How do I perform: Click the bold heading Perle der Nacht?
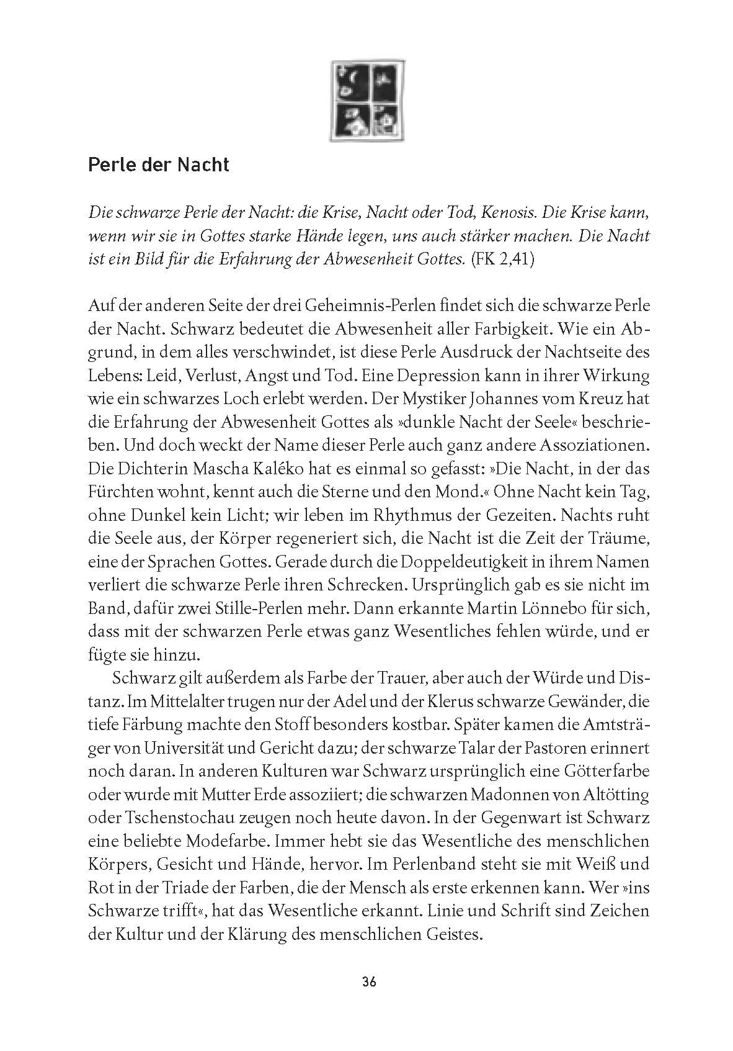click(158, 165)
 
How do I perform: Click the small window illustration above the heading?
click(368, 99)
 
